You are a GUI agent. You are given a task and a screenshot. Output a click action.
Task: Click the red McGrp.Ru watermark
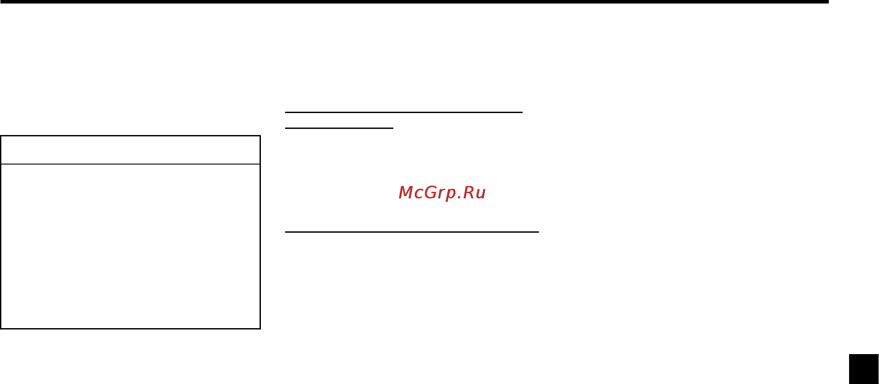pos(442,193)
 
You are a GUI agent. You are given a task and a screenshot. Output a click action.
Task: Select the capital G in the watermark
pos(429,192)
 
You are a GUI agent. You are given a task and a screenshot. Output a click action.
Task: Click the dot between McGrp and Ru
pos(458,197)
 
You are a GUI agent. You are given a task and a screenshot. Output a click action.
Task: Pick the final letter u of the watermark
pos(481,194)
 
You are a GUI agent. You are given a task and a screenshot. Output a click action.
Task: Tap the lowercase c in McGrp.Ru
pos(418,194)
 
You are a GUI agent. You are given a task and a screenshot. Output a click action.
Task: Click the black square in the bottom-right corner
pos(864,369)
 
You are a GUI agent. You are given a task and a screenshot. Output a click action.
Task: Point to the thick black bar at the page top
pos(414,2)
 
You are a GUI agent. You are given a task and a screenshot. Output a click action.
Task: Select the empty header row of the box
pos(131,150)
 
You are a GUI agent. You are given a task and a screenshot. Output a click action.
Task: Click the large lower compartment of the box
pos(131,246)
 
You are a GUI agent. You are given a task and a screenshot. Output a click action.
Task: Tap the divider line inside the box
pos(131,164)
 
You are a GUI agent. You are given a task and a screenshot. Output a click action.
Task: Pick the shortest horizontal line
pos(339,128)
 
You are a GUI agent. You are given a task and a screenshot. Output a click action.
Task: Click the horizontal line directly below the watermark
pos(412,231)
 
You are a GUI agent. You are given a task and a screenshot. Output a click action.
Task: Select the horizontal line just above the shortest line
pos(403,112)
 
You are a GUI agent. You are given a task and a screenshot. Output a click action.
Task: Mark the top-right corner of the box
pos(260,136)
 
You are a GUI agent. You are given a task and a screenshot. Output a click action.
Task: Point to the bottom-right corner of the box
pos(260,329)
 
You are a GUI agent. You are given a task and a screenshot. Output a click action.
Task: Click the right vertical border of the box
pos(260,232)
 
